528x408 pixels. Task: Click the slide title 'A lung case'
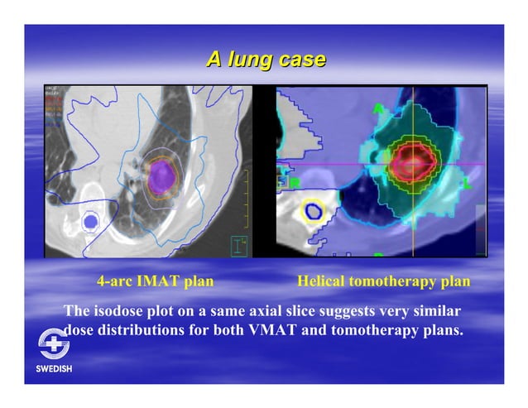266,60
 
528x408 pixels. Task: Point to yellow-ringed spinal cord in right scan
314,212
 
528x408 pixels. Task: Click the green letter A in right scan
378,109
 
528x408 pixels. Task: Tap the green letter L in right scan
466,183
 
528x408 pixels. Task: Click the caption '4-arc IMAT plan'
155,281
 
